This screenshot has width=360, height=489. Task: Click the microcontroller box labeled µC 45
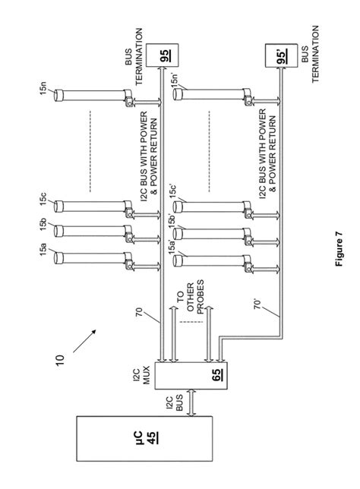click(144, 438)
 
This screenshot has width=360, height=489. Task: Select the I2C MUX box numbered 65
click(191, 375)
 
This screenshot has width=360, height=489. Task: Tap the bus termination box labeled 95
click(163, 55)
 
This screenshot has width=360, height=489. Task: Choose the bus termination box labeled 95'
click(281, 55)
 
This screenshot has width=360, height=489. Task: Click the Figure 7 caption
click(339, 248)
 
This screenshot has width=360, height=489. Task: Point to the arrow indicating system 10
click(84, 341)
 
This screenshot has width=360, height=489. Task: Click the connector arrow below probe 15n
click(147, 102)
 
